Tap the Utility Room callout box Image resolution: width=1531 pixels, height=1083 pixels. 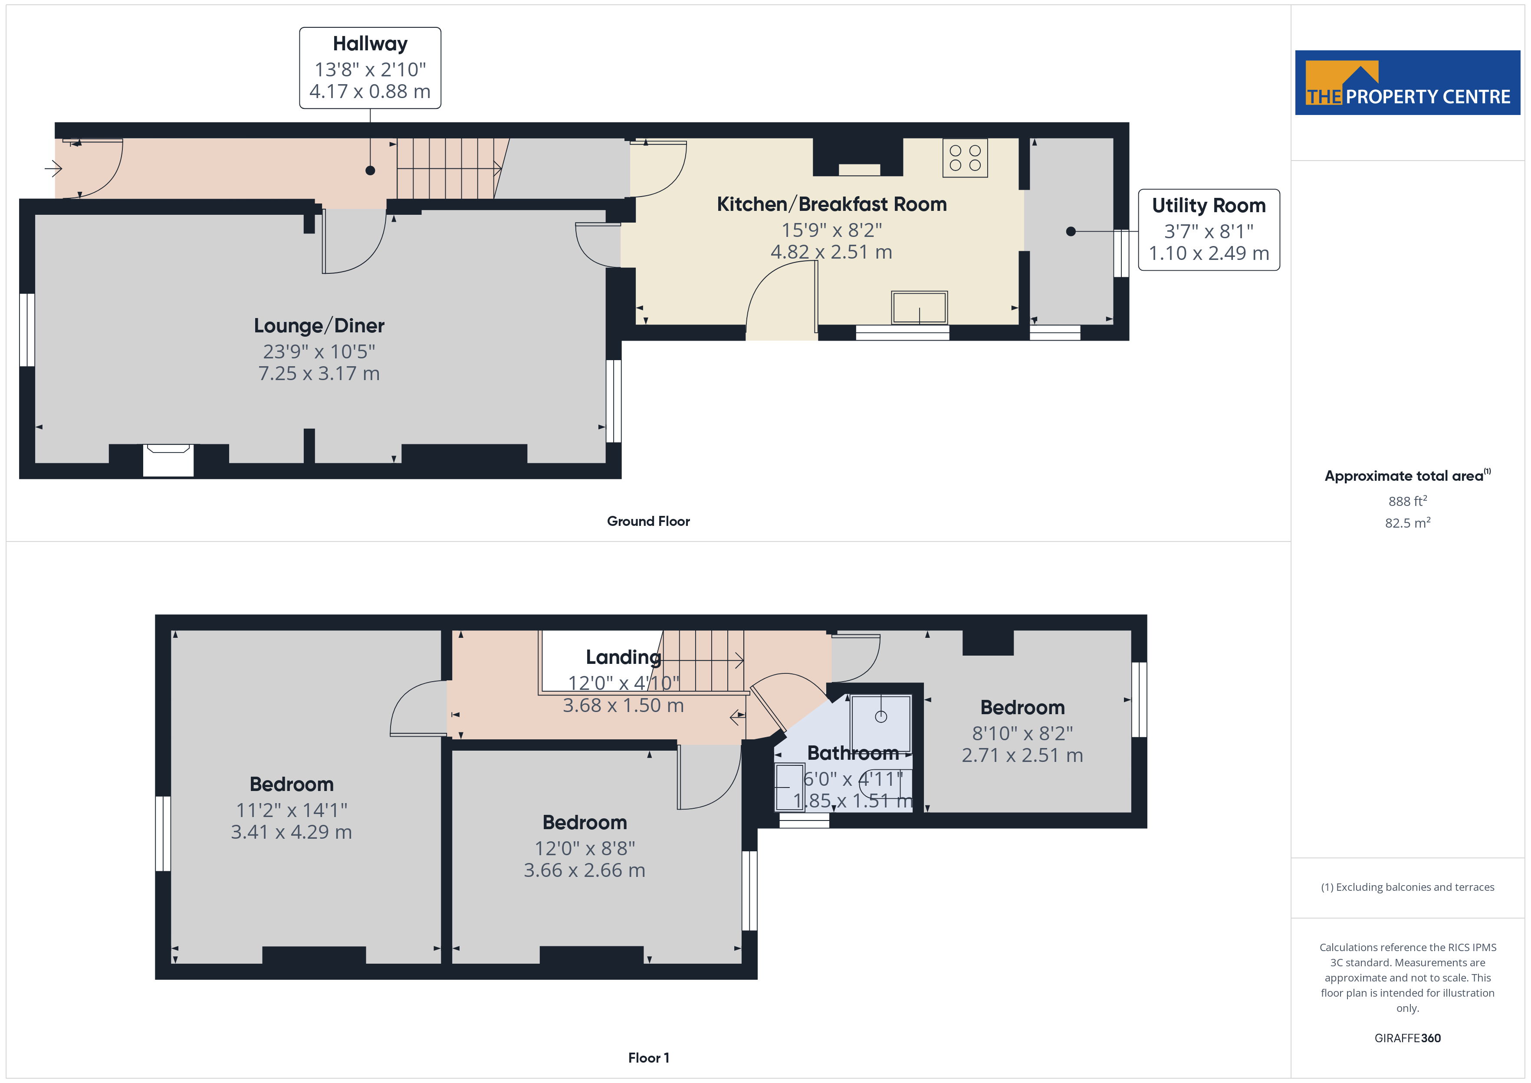(x=1208, y=230)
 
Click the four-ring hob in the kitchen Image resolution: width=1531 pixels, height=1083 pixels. (x=965, y=158)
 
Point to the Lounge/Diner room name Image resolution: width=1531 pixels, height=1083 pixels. (x=319, y=325)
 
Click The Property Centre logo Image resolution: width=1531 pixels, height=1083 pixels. (x=1407, y=83)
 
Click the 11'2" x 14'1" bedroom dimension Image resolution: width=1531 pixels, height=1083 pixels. (x=291, y=810)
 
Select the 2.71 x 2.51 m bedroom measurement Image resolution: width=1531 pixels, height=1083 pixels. (x=1022, y=755)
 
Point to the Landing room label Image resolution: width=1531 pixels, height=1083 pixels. (x=623, y=657)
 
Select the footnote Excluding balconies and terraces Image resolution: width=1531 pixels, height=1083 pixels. (x=1407, y=887)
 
